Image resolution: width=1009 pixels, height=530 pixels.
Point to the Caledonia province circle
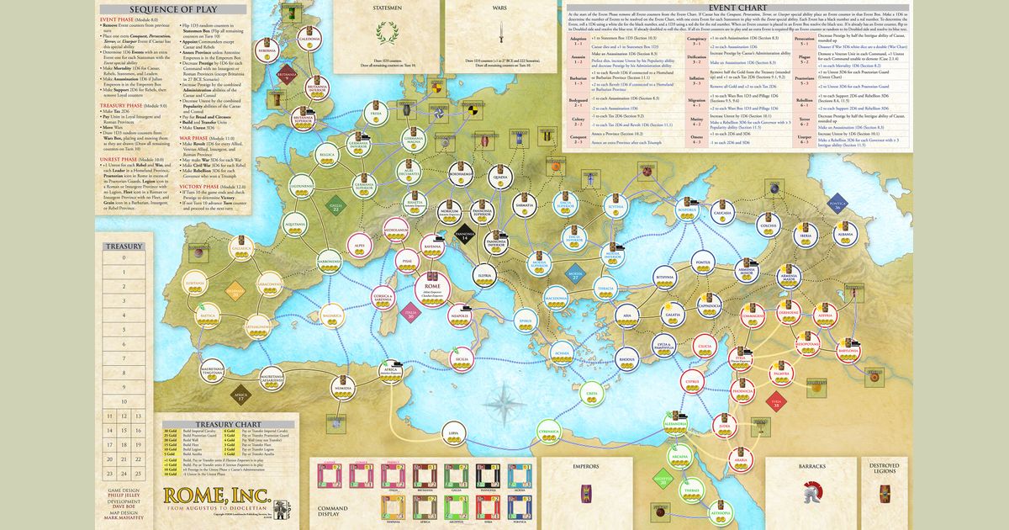coord(309,41)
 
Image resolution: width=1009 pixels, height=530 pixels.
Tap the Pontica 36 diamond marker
coord(837,204)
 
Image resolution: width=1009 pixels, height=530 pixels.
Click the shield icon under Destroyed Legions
coord(885,493)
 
